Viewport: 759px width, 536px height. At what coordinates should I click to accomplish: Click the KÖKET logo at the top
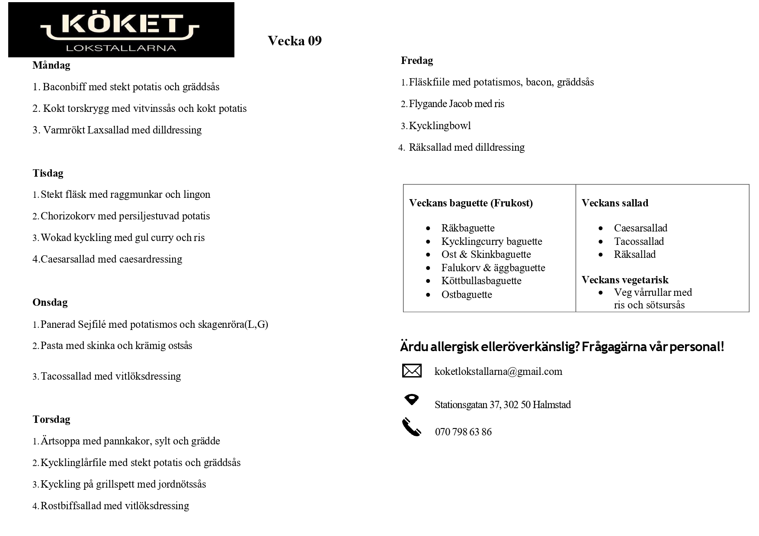(x=121, y=29)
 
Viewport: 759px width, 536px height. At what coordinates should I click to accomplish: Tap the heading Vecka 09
(x=295, y=41)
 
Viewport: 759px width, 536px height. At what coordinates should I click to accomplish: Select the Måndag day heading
(x=51, y=65)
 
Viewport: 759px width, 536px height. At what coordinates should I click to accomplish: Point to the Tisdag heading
(x=48, y=173)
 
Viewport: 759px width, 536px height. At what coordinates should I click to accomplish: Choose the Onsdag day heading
(x=50, y=302)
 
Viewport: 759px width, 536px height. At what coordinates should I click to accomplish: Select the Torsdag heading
(x=51, y=419)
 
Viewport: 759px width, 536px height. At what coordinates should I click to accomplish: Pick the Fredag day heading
(x=416, y=60)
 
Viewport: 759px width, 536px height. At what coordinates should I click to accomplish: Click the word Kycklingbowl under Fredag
(x=440, y=126)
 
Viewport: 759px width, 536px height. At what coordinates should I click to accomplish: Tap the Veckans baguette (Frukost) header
(x=471, y=203)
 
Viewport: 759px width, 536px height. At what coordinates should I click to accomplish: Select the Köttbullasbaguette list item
(x=481, y=281)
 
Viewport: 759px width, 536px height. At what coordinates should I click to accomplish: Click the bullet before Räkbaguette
(x=428, y=228)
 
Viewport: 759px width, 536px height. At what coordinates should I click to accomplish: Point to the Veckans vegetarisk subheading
(x=624, y=280)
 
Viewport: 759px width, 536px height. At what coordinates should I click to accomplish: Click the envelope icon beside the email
(x=411, y=371)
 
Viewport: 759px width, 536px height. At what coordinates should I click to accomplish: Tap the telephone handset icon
(x=411, y=427)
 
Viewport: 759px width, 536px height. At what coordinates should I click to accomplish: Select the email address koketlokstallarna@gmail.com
(x=498, y=371)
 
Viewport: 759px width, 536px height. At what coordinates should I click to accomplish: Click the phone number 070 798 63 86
(x=463, y=432)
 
